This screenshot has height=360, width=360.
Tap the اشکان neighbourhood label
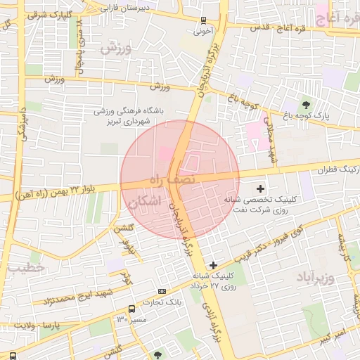(146, 203)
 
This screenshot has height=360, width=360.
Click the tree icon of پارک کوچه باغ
(304, 104)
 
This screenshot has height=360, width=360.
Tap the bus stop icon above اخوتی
(203, 20)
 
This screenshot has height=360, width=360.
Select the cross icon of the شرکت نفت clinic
(261, 188)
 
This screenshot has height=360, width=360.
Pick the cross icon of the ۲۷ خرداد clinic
(213, 265)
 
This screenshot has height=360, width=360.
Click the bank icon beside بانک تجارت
(162, 291)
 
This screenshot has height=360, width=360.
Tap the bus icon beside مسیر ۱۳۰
(131, 309)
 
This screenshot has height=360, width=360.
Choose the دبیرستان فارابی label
(115, 8)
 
